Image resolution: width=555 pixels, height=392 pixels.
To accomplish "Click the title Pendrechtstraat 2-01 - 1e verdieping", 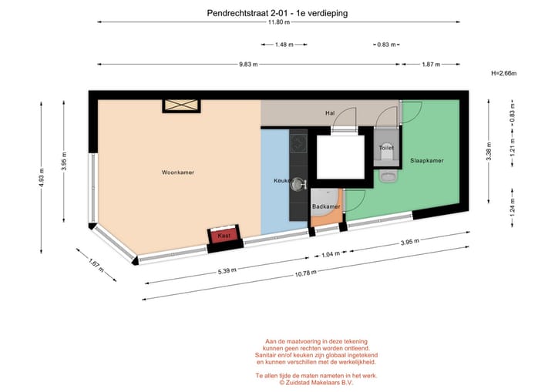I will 277,12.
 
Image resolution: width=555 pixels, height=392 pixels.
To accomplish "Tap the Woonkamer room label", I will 177,173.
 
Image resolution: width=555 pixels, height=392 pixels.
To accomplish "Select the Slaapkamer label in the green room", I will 426,161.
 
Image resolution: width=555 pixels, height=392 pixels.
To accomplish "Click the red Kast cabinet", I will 224,236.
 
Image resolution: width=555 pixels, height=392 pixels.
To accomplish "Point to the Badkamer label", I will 325,207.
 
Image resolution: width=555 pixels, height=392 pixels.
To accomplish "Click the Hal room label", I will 329,113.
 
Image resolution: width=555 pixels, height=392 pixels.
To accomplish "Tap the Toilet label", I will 386,148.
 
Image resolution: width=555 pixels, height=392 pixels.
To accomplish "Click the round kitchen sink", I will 298,184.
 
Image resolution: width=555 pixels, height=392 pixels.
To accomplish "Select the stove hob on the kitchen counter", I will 298,142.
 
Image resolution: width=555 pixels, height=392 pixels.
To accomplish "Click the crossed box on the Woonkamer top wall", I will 180,106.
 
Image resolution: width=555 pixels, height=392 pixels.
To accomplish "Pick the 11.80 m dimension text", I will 278,22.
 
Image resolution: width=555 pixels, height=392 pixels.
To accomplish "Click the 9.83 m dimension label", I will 248,64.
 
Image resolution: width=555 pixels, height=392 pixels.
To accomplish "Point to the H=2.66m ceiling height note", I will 503,74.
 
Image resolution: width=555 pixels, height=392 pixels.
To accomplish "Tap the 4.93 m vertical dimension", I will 42,177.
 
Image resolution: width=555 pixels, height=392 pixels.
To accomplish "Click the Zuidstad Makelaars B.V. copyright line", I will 315,382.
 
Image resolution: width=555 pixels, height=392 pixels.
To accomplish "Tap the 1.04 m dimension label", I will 329,254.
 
